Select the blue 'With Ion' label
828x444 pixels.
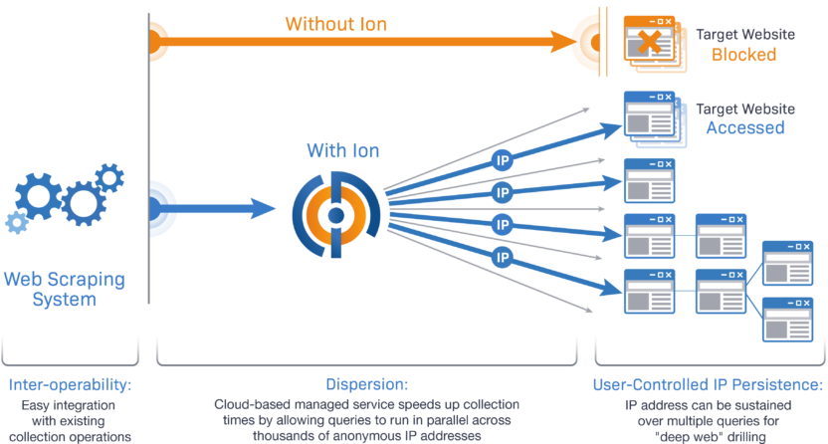coord(342,151)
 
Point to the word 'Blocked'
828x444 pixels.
coord(743,55)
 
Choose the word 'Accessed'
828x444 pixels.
coord(744,128)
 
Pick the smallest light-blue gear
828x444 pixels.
coord(14,221)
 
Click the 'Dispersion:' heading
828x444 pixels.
coord(366,384)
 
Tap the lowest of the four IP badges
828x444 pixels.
coord(503,258)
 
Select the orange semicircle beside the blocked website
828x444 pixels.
coord(587,43)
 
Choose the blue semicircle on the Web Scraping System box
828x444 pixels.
coord(161,209)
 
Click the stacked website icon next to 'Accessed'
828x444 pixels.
coord(649,115)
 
